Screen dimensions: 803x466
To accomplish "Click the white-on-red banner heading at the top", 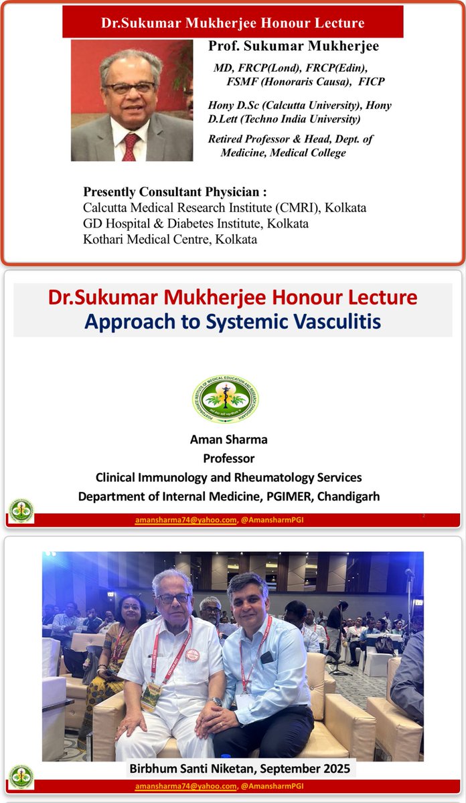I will pos(232,23).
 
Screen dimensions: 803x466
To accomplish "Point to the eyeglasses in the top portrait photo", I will pos(129,88).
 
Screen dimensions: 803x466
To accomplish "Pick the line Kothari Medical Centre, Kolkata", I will pos(169,238).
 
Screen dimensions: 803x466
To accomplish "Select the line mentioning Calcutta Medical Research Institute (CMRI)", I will pos(224,207).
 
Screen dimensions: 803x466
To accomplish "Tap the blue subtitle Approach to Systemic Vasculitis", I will pos(232,321).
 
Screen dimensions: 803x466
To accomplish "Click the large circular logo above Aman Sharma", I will pos(226,398).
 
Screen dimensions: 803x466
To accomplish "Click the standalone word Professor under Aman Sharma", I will pos(229,459).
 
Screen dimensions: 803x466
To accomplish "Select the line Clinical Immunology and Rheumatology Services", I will pos(228,478).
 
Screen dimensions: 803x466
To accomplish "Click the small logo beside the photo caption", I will pos(21,776).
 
